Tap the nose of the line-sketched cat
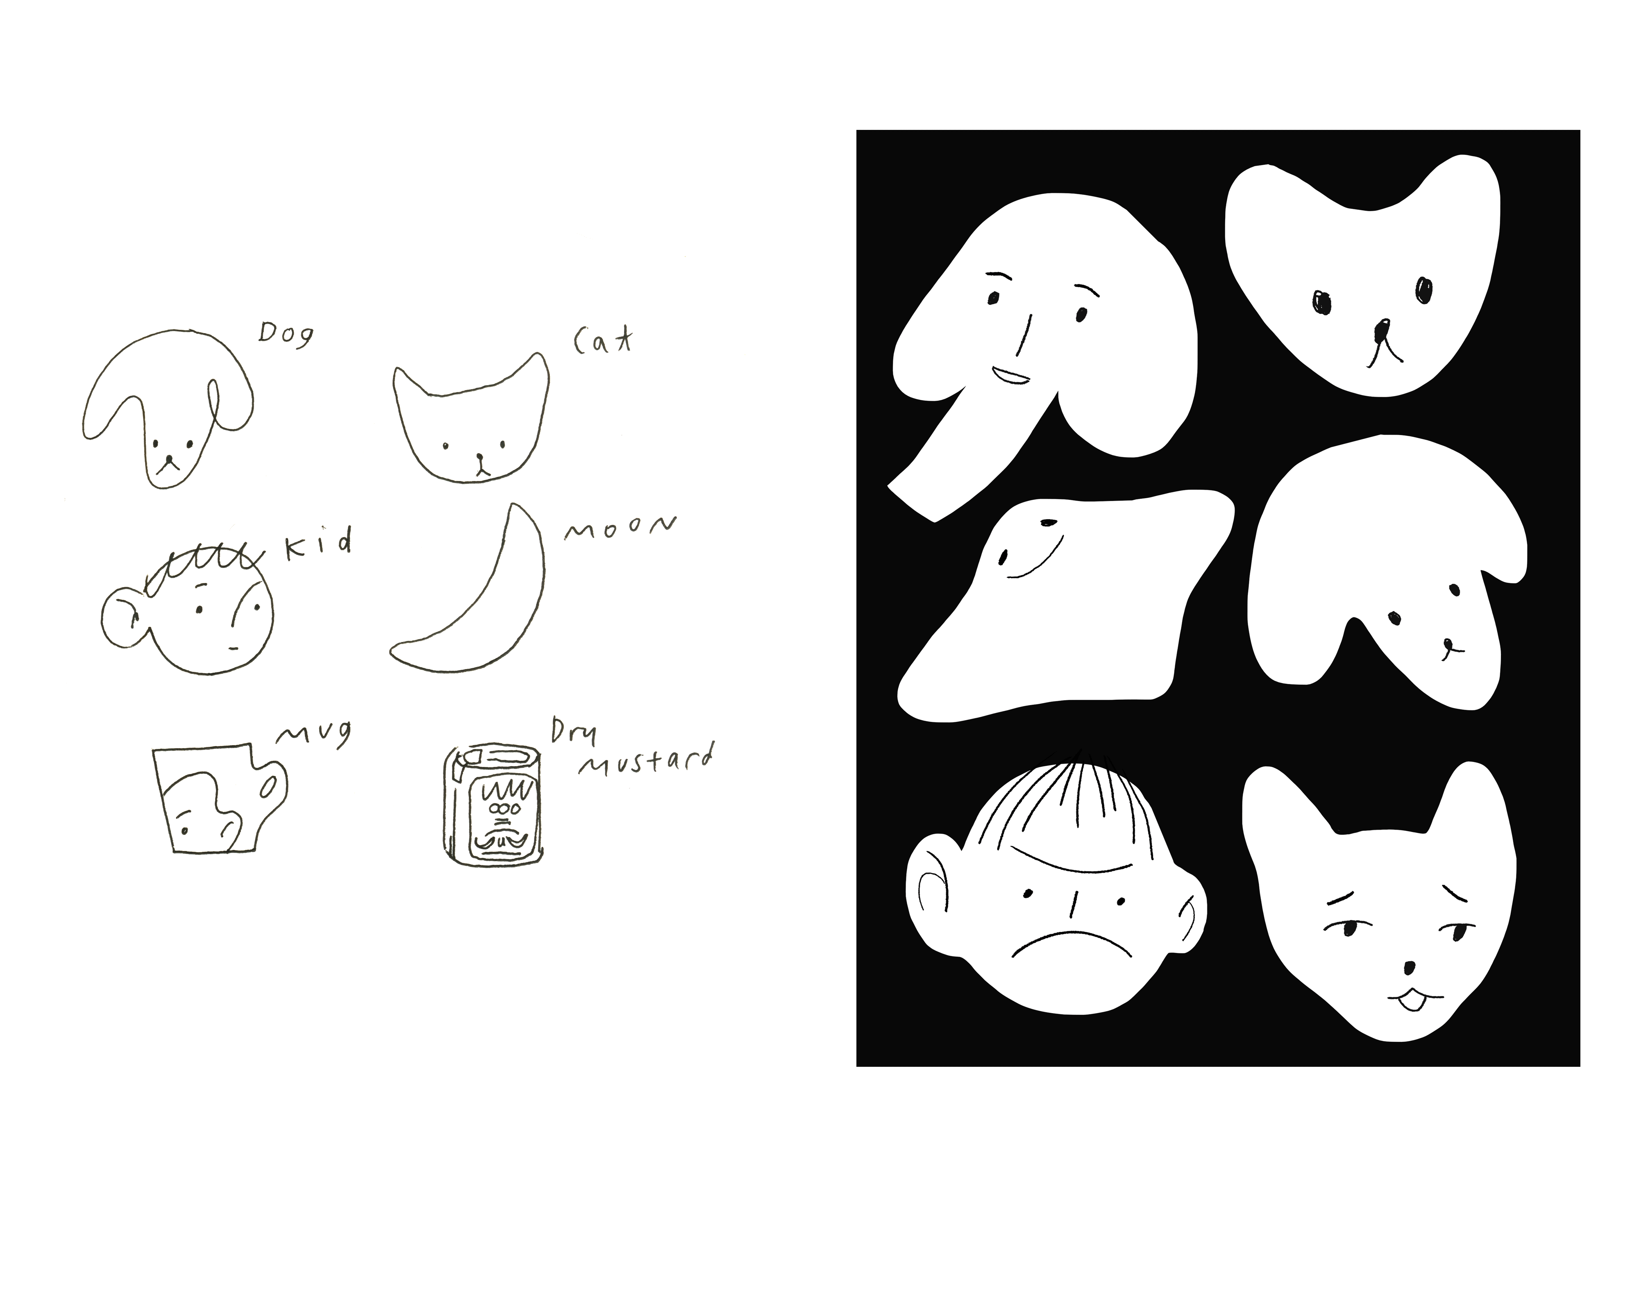pos(480,458)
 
